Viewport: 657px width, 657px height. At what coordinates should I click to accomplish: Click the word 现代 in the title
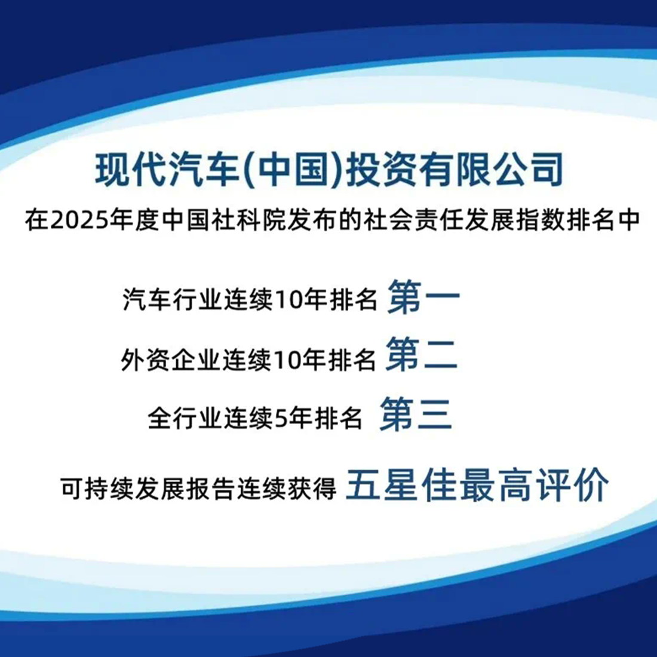(131, 170)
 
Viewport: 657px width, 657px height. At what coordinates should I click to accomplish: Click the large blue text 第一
(423, 297)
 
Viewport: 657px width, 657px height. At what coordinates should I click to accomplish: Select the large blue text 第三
(416, 415)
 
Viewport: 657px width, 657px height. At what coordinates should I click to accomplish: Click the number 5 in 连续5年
(280, 419)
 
